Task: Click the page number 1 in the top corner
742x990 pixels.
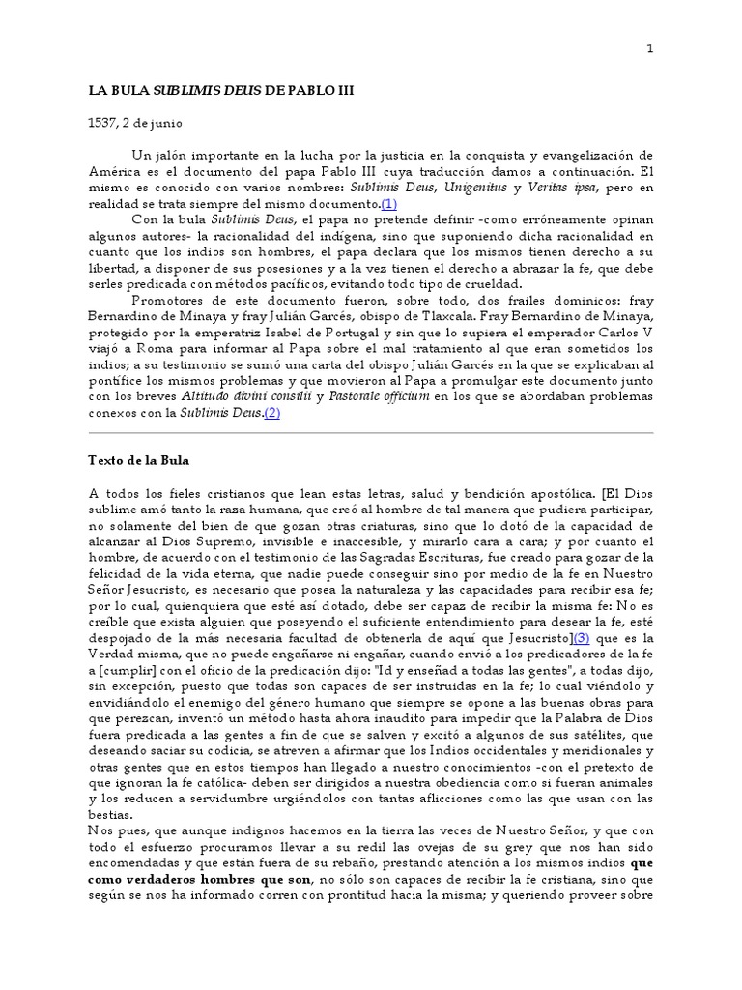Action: coord(650,48)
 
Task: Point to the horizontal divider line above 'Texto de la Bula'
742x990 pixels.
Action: coord(370,432)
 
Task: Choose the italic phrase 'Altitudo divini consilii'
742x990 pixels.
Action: coord(243,396)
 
